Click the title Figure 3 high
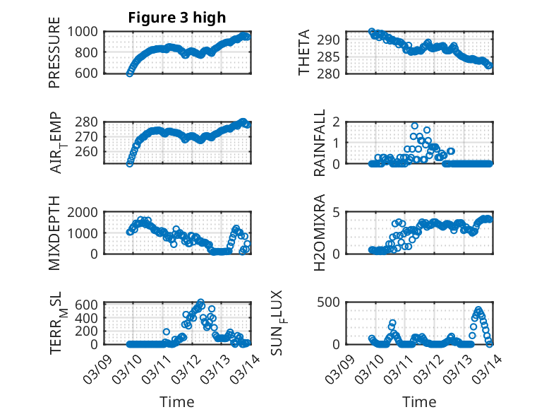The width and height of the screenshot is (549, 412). [176, 18]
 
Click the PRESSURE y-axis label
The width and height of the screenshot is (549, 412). [54, 58]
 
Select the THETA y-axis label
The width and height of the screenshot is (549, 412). [304, 52]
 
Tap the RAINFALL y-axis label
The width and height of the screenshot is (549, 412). [320, 143]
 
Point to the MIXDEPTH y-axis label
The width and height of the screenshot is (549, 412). [54, 234]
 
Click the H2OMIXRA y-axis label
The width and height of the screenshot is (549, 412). [320, 233]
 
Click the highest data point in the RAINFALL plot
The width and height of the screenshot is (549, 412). [415, 126]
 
